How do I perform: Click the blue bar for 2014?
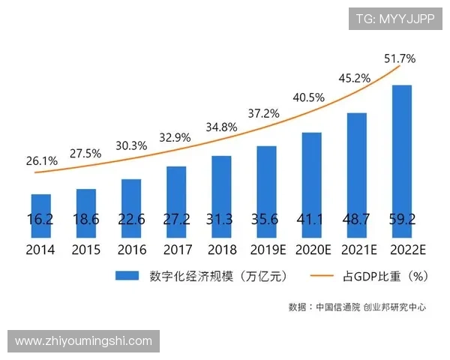pos(41,216)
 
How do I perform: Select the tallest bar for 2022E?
pos(402,161)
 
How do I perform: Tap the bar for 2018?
pos(221,196)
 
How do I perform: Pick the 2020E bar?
pos(311,185)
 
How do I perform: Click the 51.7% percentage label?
pos(400,58)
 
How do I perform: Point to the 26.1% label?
pos(40,160)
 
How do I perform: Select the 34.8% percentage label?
pos(221,127)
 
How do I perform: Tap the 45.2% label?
pos(355,77)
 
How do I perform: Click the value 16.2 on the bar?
pos(41,219)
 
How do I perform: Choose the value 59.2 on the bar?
pos(403,219)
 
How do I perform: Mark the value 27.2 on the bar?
pos(176,219)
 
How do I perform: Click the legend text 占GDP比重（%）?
pos(385,276)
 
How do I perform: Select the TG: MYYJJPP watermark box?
pos(395,19)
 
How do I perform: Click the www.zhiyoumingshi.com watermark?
pos(83,341)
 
